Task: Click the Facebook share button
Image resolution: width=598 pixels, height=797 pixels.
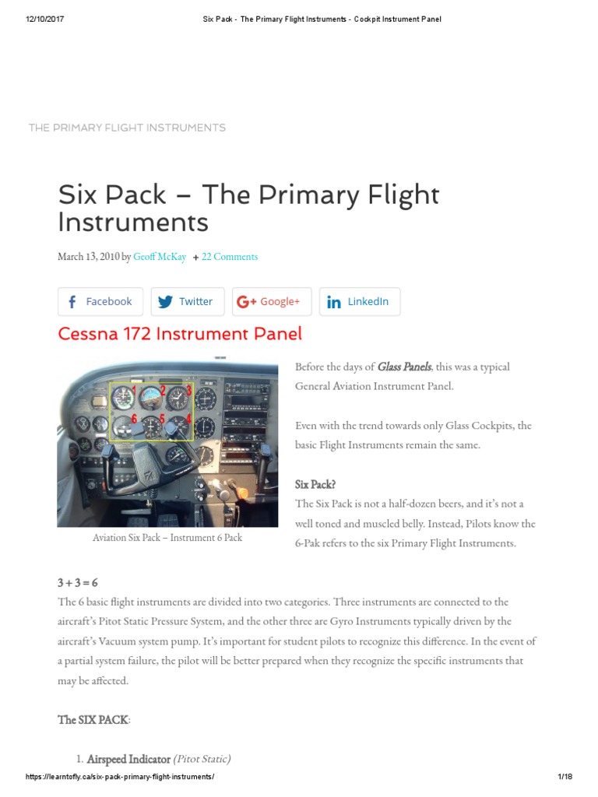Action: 100,301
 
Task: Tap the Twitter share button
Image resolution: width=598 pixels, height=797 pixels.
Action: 187,301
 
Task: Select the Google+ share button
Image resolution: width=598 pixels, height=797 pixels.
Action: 271,301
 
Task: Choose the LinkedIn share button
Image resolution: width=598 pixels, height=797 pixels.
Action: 359,301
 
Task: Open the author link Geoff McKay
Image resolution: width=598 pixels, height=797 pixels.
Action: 160,257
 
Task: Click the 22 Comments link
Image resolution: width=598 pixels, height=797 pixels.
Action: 229,257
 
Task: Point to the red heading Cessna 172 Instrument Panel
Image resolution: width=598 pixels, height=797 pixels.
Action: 180,334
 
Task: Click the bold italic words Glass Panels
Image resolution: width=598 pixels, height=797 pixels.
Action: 404,367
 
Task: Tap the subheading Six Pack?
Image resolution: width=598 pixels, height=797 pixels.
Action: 315,484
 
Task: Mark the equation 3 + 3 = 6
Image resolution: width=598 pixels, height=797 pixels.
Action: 78,583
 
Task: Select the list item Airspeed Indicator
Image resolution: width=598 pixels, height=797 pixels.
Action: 128,759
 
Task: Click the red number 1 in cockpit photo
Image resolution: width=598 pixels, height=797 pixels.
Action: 134,389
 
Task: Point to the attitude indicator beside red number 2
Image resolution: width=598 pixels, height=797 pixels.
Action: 149,399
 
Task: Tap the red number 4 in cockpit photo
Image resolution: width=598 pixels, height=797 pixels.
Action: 188,419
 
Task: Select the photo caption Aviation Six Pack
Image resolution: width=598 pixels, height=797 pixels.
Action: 167,538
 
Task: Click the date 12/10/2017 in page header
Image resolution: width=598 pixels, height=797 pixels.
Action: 44,19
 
